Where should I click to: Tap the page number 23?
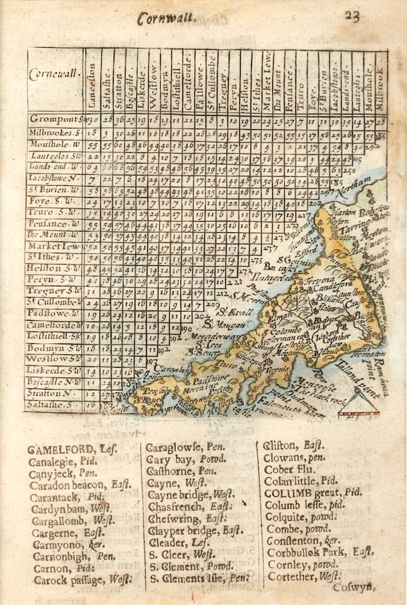352,17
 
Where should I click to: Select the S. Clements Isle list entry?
199,579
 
